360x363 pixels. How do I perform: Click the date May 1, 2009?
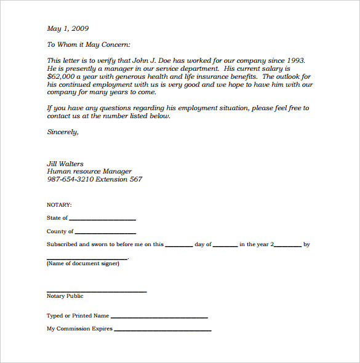point(68,28)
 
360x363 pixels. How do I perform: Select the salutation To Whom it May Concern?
point(89,45)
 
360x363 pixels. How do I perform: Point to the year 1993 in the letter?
point(295,61)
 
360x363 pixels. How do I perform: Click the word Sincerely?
point(63,132)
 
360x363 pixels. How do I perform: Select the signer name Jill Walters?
point(65,164)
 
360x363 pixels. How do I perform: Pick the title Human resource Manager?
point(89,172)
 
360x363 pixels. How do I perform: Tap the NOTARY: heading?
point(59,204)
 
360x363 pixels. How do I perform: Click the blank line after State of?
point(102,219)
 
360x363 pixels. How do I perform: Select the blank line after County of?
point(105,233)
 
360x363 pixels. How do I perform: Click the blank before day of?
point(178,245)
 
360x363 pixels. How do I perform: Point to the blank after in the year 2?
point(287,245)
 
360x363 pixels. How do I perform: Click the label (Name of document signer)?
point(83,264)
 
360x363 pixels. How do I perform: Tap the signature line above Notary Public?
point(97,291)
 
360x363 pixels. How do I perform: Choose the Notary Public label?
point(65,297)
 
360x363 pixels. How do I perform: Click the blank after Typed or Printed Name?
point(159,317)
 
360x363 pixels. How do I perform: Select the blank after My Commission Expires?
point(162,330)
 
